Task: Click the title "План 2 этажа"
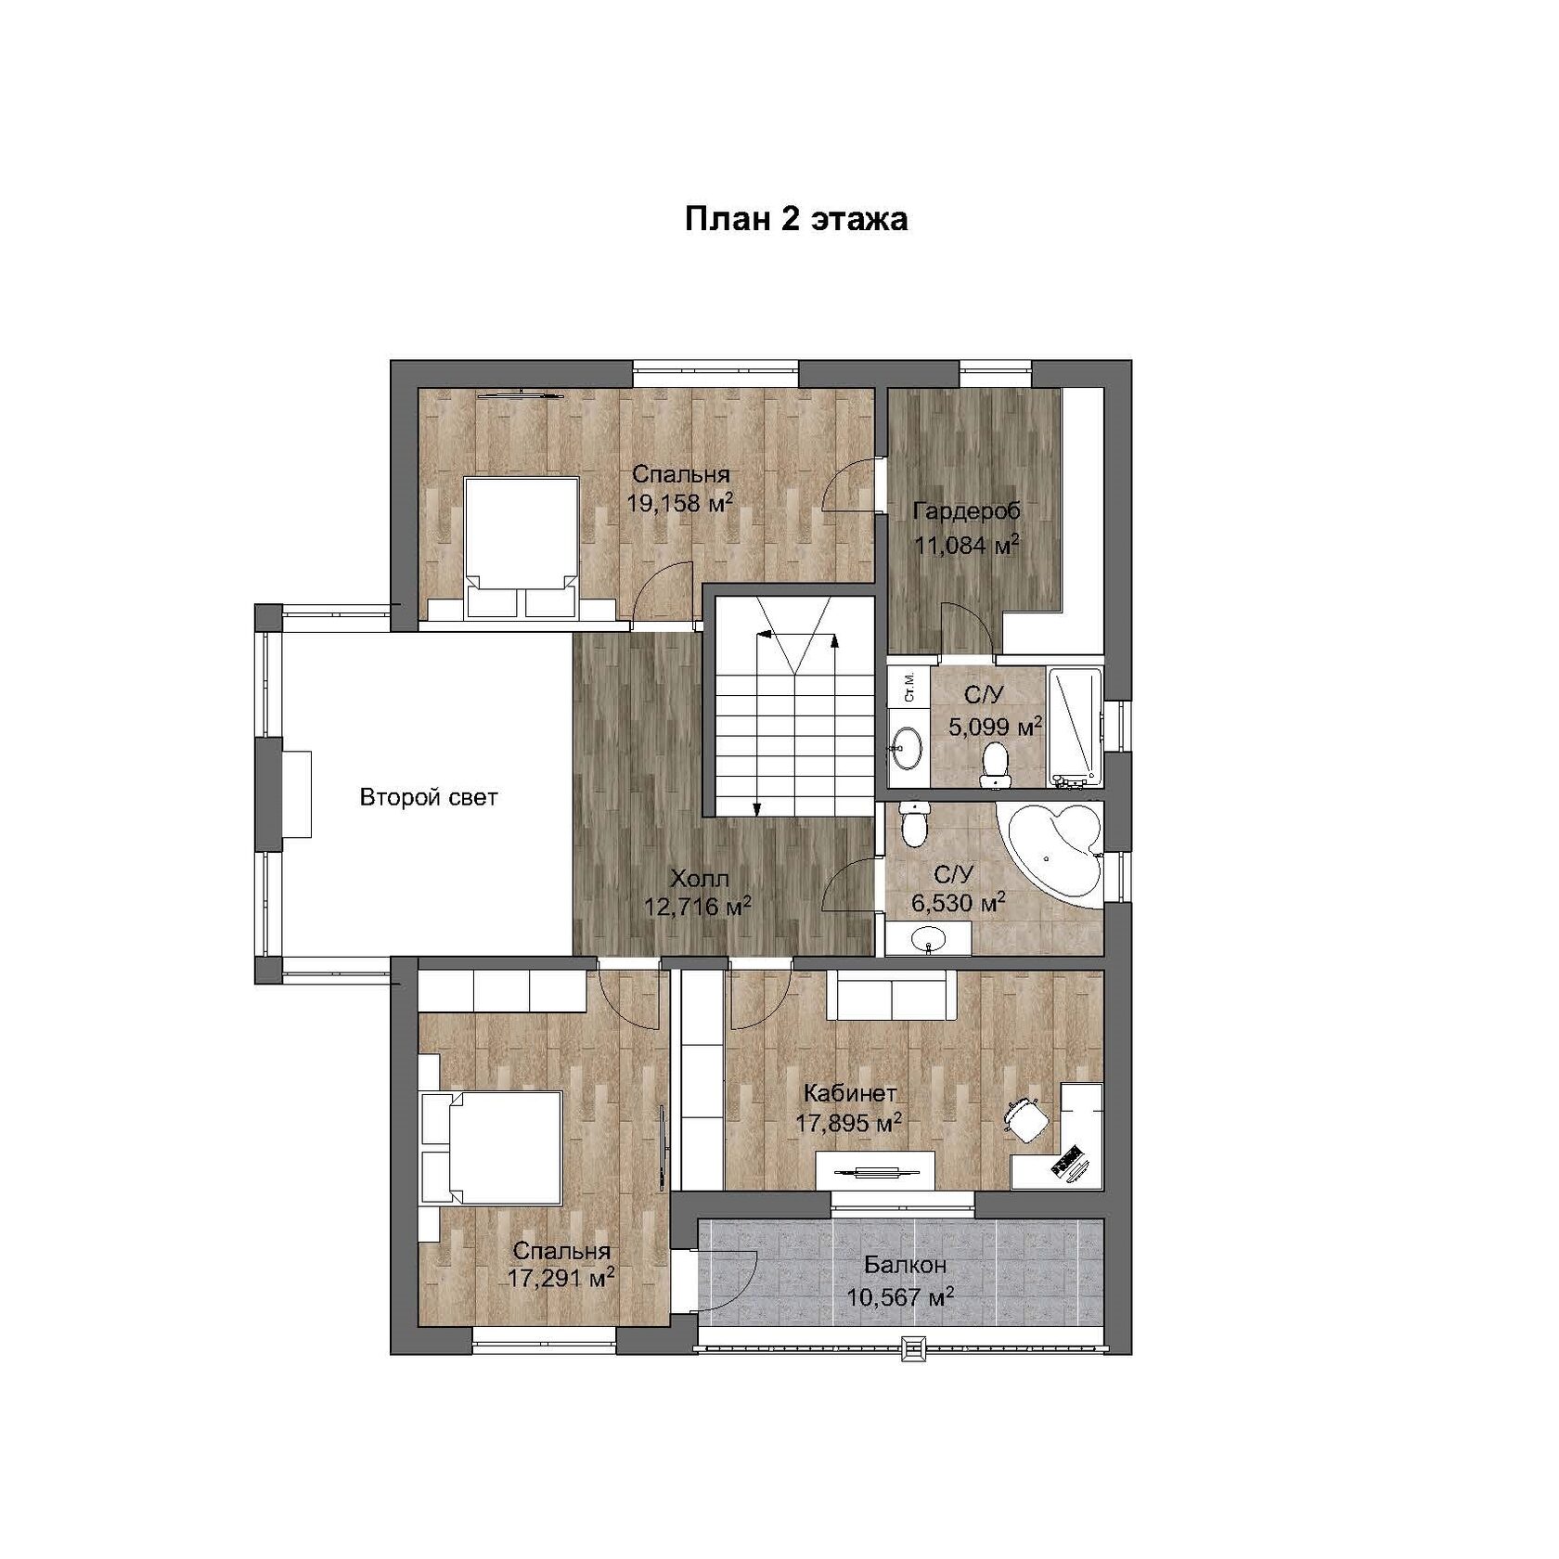pos(796,220)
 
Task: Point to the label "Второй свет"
pos(429,797)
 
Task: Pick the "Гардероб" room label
pos(966,511)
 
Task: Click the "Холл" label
pos(700,878)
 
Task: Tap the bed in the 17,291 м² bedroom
pos(492,1148)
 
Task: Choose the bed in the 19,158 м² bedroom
pos(521,548)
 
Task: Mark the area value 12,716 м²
pos(698,905)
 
